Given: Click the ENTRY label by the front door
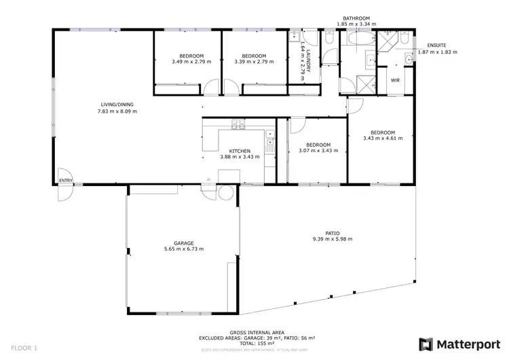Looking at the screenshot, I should click(x=66, y=181).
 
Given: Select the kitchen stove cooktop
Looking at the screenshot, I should click(x=240, y=124).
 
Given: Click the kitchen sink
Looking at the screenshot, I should click(x=269, y=145).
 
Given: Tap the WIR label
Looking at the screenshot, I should click(x=394, y=79).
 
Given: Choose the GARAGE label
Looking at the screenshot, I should click(x=183, y=243).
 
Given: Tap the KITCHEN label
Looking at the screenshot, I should click(x=240, y=151).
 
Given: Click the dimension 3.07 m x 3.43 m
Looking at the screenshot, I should click(x=318, y=151).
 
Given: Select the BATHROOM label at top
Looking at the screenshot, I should click(x=356, y=18).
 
